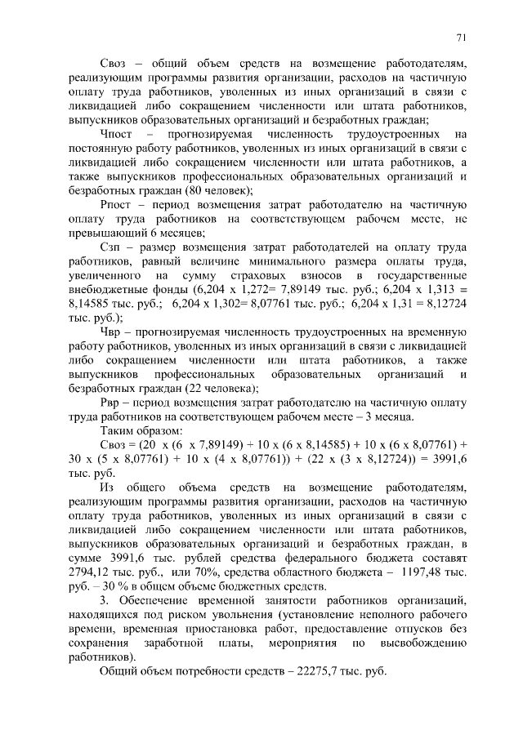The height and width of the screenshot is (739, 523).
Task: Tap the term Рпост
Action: click(118, 204)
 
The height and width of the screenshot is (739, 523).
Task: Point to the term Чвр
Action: click(112, 332)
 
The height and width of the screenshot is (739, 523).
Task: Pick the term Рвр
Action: click(113, 403)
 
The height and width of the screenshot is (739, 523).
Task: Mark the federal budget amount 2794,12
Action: click(93, 572)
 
